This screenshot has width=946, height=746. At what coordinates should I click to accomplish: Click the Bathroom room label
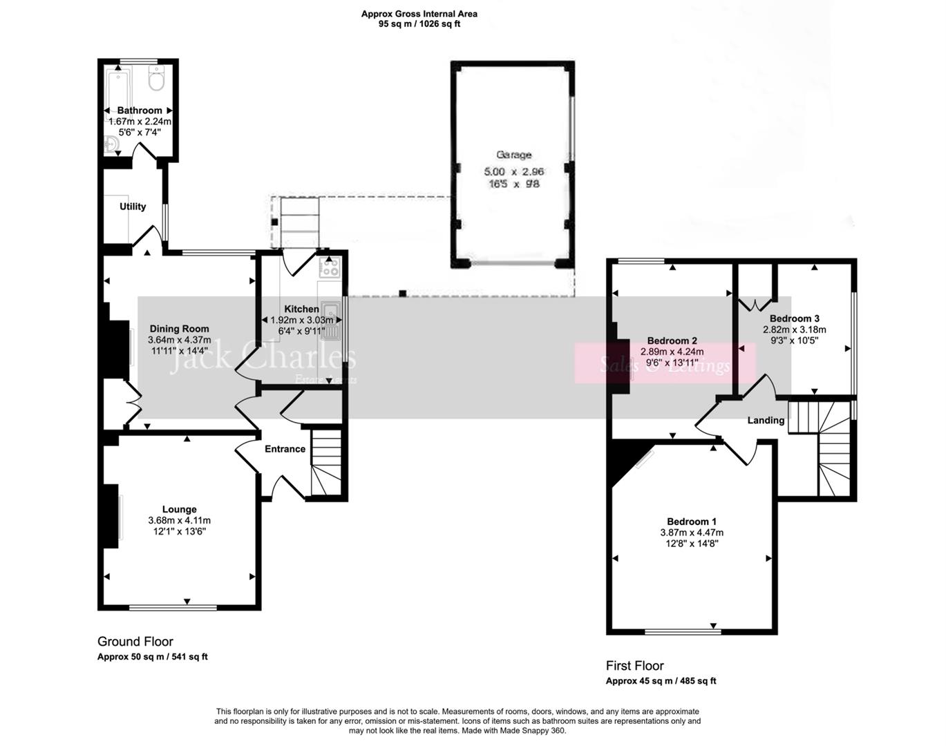coord(140,111)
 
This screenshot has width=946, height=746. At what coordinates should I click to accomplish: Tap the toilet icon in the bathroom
coord(157,80)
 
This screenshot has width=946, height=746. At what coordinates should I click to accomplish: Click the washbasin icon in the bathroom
coord(112,144)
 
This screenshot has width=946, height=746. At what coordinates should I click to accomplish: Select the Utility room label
coord(133,207)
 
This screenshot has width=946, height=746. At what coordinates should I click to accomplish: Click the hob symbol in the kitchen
coord(330,267)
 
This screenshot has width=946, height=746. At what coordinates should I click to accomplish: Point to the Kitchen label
coord(301,309)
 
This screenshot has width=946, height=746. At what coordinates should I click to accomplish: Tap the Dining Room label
coord(179,329)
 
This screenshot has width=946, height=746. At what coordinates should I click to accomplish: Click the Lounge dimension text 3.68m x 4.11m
coord(179,521)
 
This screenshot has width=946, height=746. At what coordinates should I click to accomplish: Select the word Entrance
coord(285,449)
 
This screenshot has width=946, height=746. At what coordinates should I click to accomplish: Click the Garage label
coord(513,155)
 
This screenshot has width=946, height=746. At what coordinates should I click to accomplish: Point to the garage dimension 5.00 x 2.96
coord(513,171)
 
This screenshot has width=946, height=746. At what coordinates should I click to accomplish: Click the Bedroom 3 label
coord(794,318)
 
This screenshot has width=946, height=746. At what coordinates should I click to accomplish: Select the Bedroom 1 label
coord(691,522)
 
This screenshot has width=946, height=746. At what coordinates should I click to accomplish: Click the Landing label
coord(766,420)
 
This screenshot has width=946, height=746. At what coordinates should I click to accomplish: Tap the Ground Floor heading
coord(135,642)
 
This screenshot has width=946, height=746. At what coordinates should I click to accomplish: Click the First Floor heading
coord(634,666)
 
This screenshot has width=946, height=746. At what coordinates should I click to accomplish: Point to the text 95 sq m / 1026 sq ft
coord(419,23)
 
